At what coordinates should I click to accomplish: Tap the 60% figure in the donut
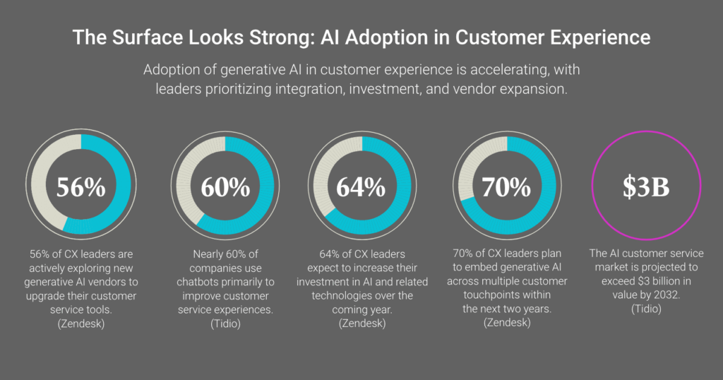pyautogui.click(x=225, y=186)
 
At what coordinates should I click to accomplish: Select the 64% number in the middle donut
pyautogui.click(x=361, y=186)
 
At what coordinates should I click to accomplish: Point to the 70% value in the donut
pyautogui.click(x=506, y=186)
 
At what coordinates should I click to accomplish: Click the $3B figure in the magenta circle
pyautogui.click(x=645, y=186)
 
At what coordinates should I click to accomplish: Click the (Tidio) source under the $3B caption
pyautogui.click(x=645, y=309)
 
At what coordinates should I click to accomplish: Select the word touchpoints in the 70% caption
pyautogui.click(x=522, y=295)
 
